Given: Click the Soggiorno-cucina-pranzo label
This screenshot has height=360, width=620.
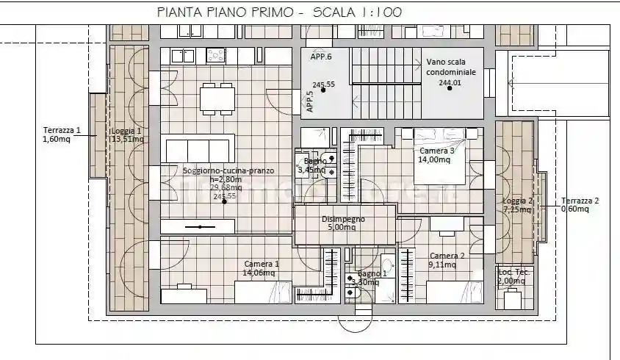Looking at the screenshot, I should [228, 170].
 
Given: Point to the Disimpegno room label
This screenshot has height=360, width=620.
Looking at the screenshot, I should [343, 219].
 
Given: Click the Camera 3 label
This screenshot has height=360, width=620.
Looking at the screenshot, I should [437, 151].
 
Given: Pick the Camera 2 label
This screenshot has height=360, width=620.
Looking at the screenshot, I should [447, 256].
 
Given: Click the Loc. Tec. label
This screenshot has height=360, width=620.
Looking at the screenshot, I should [513, 272].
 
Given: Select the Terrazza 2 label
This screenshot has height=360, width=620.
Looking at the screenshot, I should [580, 201].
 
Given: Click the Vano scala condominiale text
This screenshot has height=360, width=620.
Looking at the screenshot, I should [451, 68].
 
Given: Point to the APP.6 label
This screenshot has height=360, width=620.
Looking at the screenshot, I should [321, 57].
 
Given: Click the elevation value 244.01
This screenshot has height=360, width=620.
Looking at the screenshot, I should [450, 83].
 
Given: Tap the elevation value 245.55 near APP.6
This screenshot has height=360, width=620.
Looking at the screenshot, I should [323, 84].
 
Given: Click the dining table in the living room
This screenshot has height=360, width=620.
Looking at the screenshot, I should [217, 98].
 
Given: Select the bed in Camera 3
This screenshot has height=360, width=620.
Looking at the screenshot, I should [439, 158].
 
